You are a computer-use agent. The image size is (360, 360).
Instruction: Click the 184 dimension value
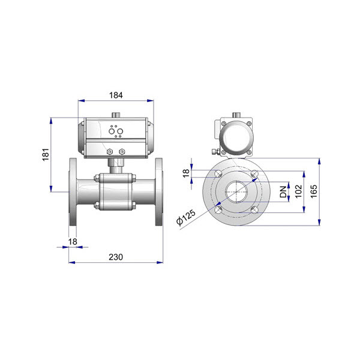(x=116, y=95)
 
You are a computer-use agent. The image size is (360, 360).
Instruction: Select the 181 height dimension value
(x=46, y=155)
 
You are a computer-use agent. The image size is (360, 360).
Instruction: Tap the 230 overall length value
(x=116, y=257)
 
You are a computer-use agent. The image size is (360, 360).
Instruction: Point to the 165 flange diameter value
(x=313, y=191)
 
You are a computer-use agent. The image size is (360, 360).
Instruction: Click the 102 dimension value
(x=298, y=191)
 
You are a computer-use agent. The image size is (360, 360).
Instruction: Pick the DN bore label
(x=283, y=192)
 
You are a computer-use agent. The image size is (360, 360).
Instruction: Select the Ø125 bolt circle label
(x=186, y=217)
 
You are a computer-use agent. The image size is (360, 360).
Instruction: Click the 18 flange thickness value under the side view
(x=73, y=242)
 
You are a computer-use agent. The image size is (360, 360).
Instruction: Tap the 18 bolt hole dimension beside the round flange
(x=186, y=173)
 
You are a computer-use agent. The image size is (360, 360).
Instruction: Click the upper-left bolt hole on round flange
(x=218, y=173)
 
